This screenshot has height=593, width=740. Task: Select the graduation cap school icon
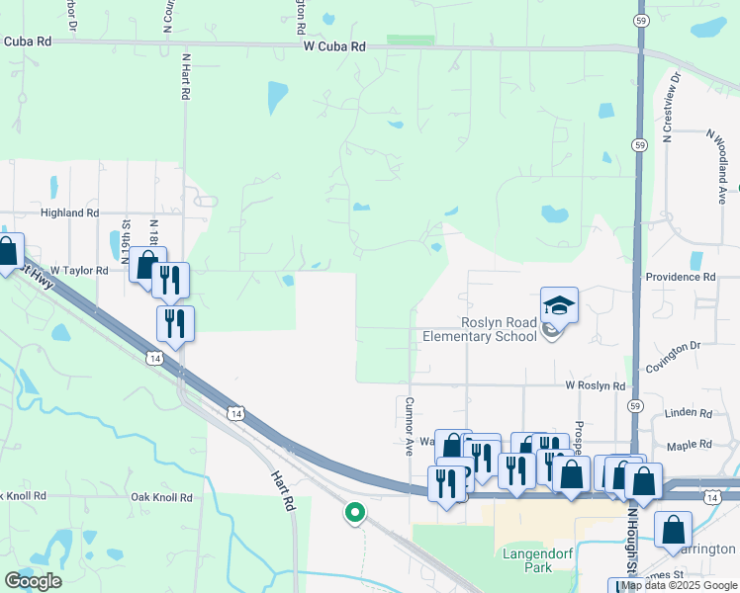[559, 305]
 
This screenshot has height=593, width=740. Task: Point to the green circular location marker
[353, 513]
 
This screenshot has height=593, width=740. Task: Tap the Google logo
[33, 581]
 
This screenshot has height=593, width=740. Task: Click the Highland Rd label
[69, 212]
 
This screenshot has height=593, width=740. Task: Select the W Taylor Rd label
[79, 269]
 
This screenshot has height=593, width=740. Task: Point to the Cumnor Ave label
[408, 426]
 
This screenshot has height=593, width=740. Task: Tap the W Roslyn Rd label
[596, 385]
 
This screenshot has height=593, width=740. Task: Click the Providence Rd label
[680, 278]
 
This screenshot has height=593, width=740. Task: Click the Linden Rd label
[690, 411]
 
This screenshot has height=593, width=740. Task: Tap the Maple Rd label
[690, 445]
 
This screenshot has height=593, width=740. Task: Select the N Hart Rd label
[185, 76]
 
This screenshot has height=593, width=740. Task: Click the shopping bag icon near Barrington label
[673, 530]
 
